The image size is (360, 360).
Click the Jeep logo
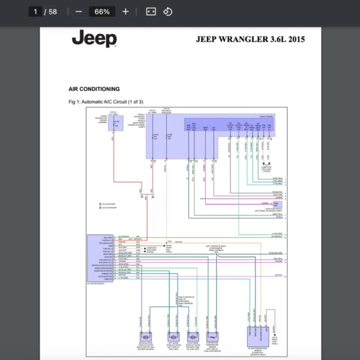click(x=94, y=40)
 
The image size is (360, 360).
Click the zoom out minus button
click(x=79, y=11)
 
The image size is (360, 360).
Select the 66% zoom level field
click(x=102, y=11)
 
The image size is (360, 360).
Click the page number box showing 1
click(x=35, y=11)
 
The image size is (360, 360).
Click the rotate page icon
click(x=168, y=11)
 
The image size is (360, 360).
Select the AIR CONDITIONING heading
click(x=94, y=89)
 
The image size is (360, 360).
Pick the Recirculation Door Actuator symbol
click(x=146, y=338)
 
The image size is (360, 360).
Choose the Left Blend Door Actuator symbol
click(x=173, y=338)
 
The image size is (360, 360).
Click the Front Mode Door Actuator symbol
click(x=193, y=338)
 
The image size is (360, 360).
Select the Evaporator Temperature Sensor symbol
click(x=212, y=338)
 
